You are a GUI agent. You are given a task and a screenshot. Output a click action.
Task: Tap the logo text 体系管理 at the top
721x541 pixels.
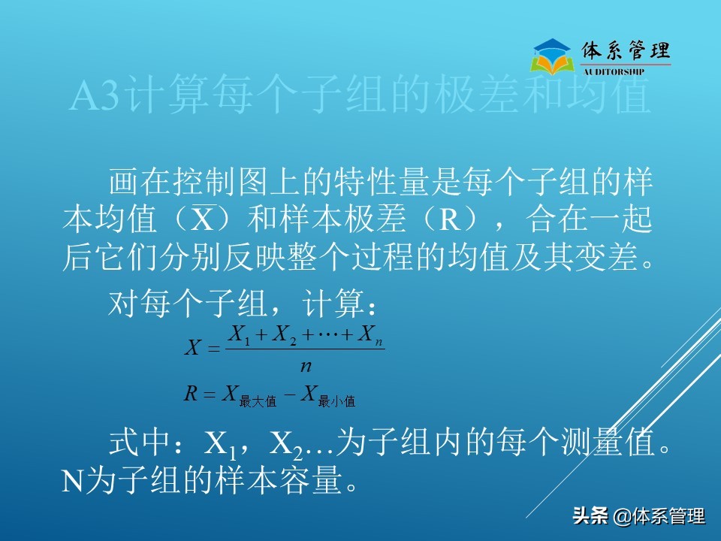coord(626,51)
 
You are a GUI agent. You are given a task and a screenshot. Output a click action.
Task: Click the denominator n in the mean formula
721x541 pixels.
coord(306,366)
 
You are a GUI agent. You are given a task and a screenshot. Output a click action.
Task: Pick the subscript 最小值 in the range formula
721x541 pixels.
coord(336,401)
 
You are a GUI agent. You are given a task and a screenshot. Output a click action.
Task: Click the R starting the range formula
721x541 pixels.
coord(191,393)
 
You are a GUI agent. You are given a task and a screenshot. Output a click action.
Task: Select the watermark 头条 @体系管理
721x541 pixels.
coord(638,517)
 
